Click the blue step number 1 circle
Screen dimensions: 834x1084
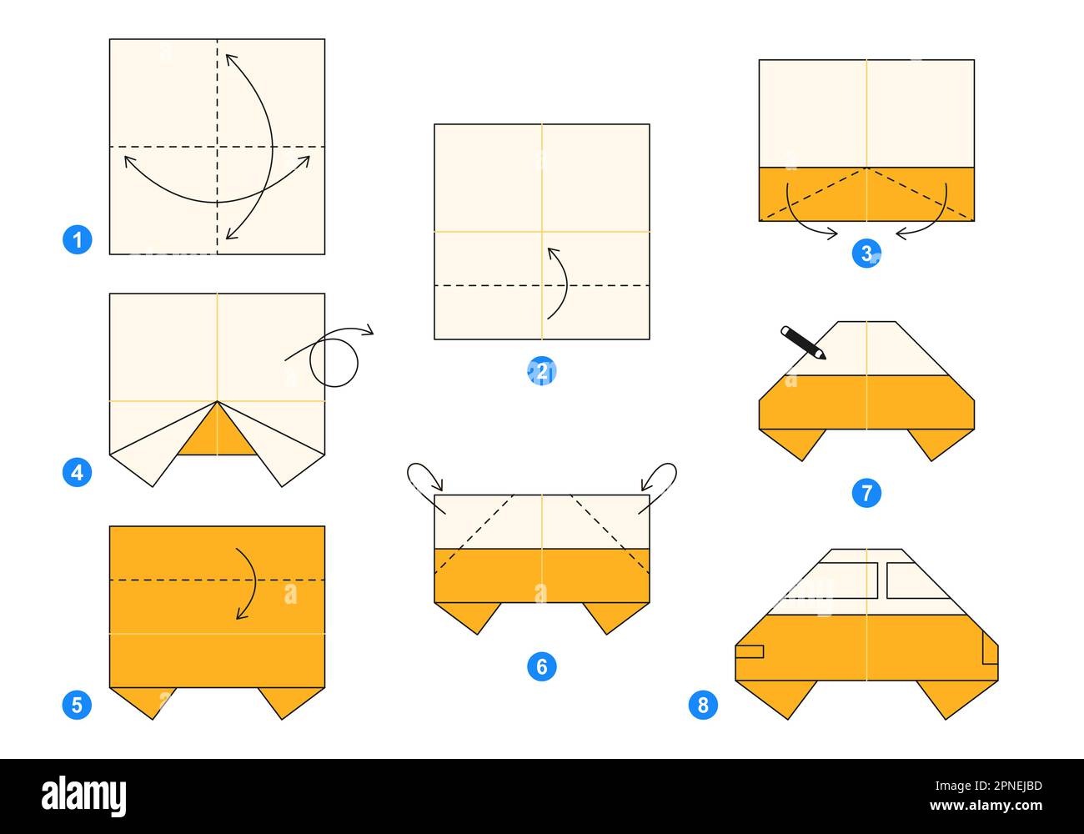(x=77, y=241)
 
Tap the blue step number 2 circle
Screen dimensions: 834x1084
(x=542, y=371)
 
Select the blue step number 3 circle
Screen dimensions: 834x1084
(x=866, y=253)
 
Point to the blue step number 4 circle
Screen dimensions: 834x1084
(x=77, y=472)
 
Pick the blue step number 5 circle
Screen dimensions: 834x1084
(x=77, y=706)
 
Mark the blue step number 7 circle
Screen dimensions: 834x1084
(x=866, y=493)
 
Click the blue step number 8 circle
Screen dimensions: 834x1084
(x=703, y=706)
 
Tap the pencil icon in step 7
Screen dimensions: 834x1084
(x=803, y=343)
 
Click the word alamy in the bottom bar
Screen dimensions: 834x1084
(x=83, y=796)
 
